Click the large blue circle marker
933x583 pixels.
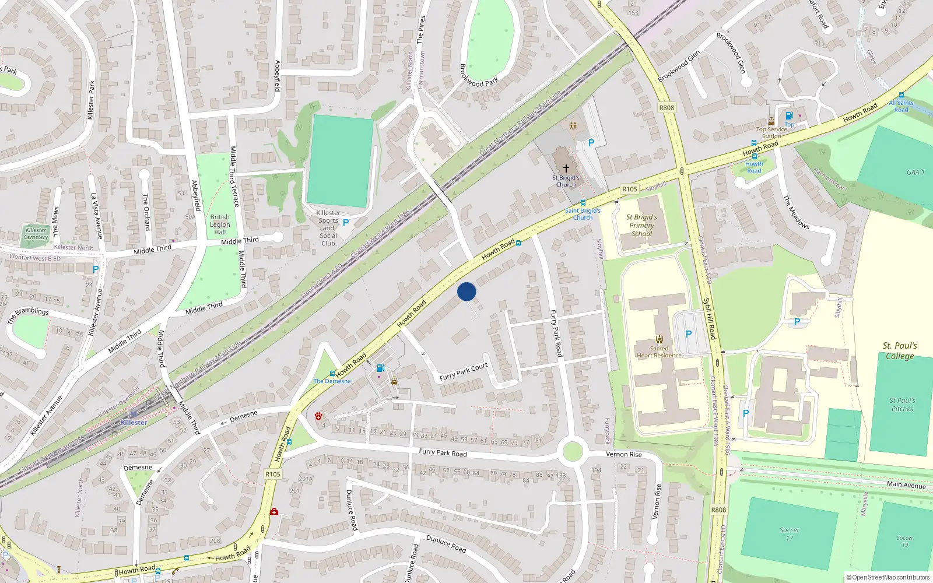pyautogui.click(x=466, y=291)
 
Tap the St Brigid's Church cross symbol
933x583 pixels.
pyautogui.click(x=566, y=168)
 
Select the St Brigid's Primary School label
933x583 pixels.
pyautogui.click(x=641, y=225)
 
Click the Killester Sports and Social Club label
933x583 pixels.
pyautogui.click(x=328, y=228)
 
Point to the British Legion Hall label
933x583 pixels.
pyautogui.click(x=220, y=224)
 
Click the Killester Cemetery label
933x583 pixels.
pyautogui.click(x=36, y=233)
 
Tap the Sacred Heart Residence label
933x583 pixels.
pyautogui.click(x=659, y=352)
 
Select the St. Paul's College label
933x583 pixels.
pyautogui.click(x=900, y=350)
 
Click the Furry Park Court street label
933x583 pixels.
pyautogui.click(x=464, y=372)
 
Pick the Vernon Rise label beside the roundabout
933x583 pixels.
pyautogui.click(x=623, y=454)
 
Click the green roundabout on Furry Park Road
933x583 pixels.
pyautogui.click(x=573, y=451)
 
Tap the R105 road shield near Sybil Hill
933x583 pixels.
pyautogui.click(x=630, y=189)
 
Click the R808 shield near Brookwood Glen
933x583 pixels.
pyautogui.click(x=667, y=108)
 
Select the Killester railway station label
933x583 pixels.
pyautogui.click(x=134, y=422)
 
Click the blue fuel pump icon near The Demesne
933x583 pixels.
pyautogui.click(x=380, y=368)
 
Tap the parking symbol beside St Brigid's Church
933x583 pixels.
pyautogui.click(x=591, y=143)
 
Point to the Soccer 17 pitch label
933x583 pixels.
pyautogui.click(x=790, y=533)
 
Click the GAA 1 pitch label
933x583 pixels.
pyautogui.click(x=916, y=172)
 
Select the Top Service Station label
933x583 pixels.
pyautogui.click(x=771, y=132)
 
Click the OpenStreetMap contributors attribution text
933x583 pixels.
pyautogui.click(x=888, y=577)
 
